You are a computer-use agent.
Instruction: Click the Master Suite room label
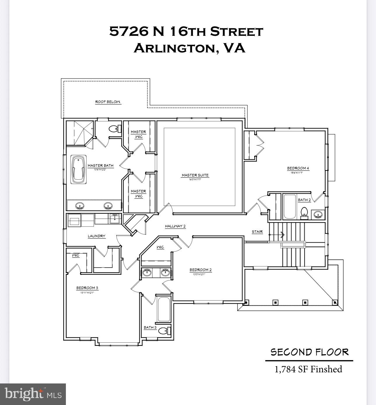pos(195,175)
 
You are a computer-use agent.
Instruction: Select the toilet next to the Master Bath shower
pos(113,128)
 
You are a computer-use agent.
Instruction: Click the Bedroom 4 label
pos(298,168)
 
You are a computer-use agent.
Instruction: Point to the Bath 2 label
pos(304,200)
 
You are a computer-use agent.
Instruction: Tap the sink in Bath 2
pos(318,215)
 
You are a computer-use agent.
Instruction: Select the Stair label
pos(257,232)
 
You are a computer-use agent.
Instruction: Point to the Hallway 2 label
pos(175,226)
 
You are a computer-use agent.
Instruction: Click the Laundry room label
pos(96,236)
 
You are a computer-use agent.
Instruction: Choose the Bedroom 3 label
pos(87,288)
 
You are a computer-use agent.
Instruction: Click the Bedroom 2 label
pos(201,270)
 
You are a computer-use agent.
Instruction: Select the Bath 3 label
pos(150,328)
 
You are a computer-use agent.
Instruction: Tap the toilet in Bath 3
pos(165,331)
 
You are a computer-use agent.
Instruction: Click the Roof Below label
pos(108,102)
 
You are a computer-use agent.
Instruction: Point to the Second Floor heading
pos(309,352)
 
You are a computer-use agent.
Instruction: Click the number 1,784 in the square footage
pos(284,369)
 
